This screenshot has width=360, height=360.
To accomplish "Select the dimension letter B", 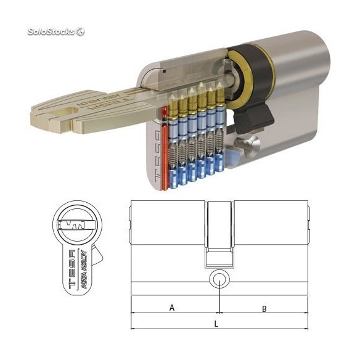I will (x=264, y=308).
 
